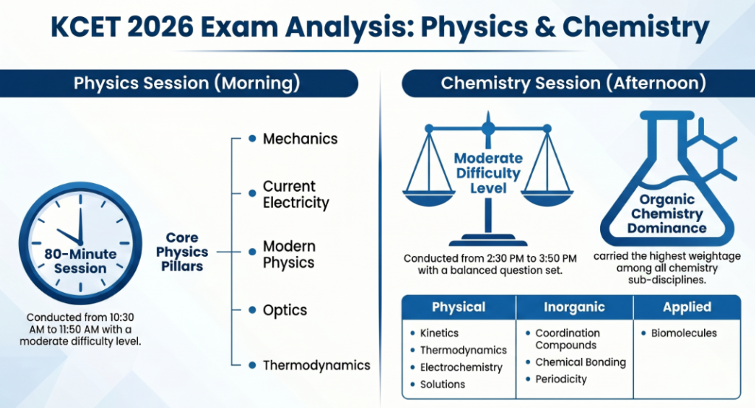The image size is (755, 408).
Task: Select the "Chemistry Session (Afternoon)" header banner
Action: point(573,83)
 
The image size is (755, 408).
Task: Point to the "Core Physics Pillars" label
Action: point(181,252)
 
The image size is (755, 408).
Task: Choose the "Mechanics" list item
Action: point(300,139)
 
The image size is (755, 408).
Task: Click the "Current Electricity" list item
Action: point(296,195)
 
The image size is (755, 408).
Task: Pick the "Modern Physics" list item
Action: point(289,255)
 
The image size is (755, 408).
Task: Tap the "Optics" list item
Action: point(285,311)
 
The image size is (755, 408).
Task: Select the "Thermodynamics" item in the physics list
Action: point(316,365)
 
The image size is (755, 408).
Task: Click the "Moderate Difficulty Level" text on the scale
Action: point(487,173)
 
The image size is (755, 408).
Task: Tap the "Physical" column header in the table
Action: point(459,307)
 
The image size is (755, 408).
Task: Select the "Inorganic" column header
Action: point(574,307)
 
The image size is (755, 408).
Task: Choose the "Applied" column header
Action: point(686,307)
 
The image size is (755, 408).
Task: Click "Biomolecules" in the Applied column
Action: point(683,333)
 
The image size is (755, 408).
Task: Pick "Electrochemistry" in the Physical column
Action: point(461,367)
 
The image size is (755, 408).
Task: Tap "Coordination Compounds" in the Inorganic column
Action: point(567,339)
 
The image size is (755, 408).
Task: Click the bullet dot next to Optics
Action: point(252,311)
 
